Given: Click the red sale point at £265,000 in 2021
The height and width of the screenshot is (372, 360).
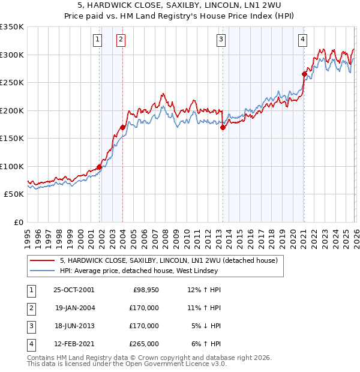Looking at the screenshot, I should click(x=304, y=74).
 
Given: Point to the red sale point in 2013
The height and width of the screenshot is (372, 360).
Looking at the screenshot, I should click(x=223, y=127).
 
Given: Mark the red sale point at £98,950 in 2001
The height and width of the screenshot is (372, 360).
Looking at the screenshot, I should click(x=99, y=167).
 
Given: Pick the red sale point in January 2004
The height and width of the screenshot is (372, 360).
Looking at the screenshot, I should click(x=123, y=127).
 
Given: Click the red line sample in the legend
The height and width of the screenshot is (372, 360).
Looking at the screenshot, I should click(x=42, y=261).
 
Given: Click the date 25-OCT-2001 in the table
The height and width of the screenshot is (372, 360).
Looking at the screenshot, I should click(x=74, y=290).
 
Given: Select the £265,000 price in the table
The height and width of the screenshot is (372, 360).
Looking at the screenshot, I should click(x=144, y=344).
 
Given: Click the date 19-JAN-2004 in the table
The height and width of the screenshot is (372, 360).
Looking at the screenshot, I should click(x=74, y=308).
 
